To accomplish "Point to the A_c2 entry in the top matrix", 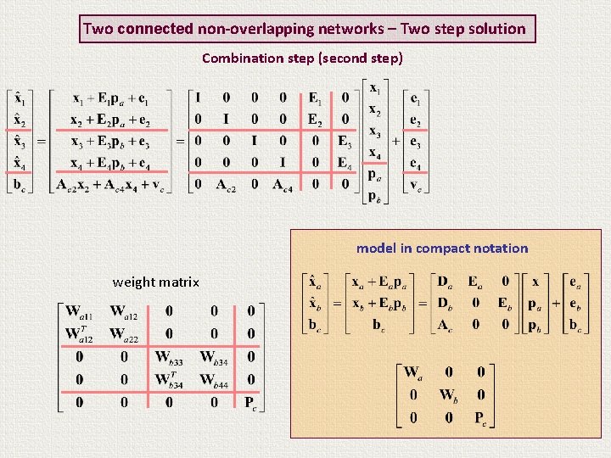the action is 224,185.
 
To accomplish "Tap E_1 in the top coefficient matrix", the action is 315,98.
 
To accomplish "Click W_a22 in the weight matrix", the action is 125,333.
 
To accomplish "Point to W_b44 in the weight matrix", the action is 214,381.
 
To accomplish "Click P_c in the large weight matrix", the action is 250,402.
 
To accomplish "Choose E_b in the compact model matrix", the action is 504,304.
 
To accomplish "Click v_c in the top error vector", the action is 415,187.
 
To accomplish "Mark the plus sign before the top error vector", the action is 396,142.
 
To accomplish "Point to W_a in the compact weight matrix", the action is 413,373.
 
